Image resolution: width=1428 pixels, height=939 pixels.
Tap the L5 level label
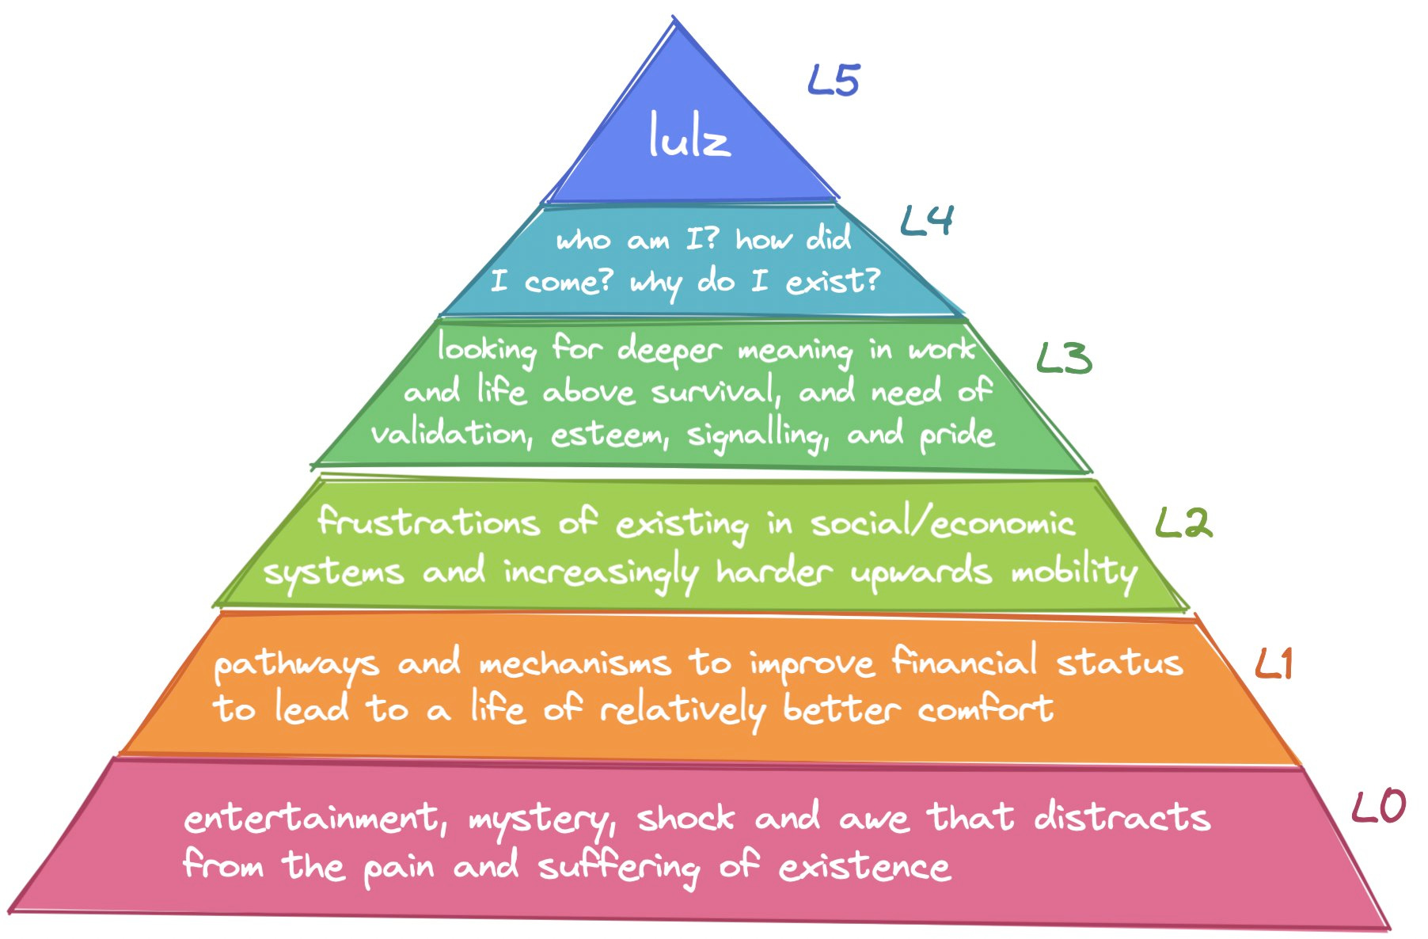click(834, 81)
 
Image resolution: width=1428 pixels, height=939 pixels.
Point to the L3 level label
click(1064, 359)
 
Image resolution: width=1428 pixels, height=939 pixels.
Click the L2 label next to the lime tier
click(1183, 523)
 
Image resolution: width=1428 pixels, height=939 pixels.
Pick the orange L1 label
click(1274, 663)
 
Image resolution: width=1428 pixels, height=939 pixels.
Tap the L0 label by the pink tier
click(1378, 806)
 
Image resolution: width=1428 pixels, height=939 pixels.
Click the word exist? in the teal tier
click(832, 281)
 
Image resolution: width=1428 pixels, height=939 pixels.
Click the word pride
click(956, 435)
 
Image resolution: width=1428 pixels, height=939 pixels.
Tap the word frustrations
click(428, 523)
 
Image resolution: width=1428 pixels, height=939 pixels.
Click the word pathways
click(297, 665)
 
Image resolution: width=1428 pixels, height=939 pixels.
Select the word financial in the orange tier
click(964, 661)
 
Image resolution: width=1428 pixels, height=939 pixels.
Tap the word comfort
click(986, 709)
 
